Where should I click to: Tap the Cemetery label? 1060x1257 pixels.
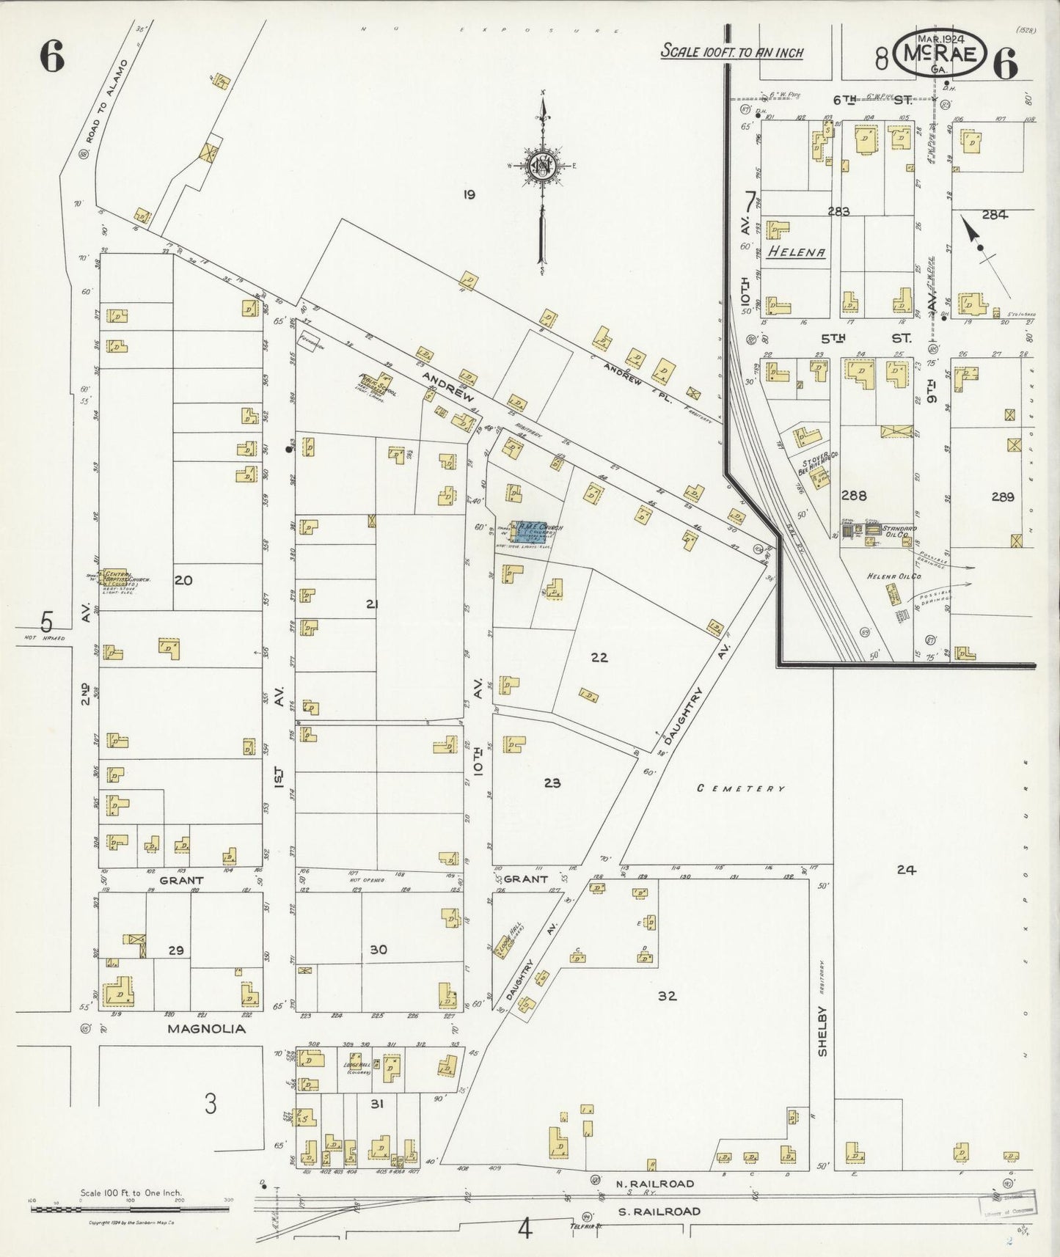[x=741, y=788]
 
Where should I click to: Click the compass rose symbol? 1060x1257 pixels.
[x=543, y=165]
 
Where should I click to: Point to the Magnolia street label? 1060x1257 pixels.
[x=206, y=1028]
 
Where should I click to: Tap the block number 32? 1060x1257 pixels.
[x=667, y=996]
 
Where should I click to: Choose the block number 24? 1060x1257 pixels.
[x=907, y=870]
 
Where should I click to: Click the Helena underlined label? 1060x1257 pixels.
[x=797, y=252]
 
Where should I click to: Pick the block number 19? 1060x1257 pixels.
[x=469, y=194]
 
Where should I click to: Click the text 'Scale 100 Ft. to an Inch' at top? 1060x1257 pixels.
[x=732, y=52]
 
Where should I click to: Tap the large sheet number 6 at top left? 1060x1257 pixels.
[x=52, y=57]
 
